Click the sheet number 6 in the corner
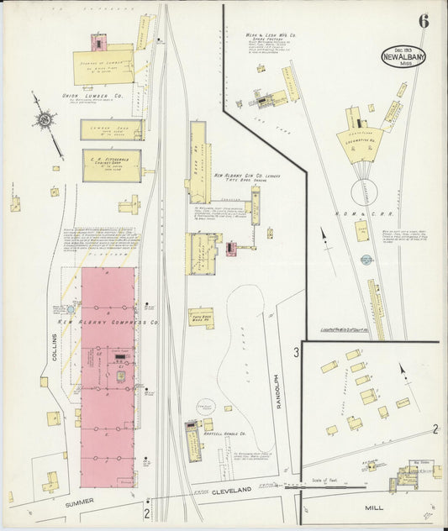click(424, 21)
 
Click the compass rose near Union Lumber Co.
click(43, 120)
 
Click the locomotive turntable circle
click(367, 192)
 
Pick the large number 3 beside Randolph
click(297, 352)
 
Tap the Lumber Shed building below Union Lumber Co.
click(111, 129)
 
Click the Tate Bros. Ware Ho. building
click(201, 318)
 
